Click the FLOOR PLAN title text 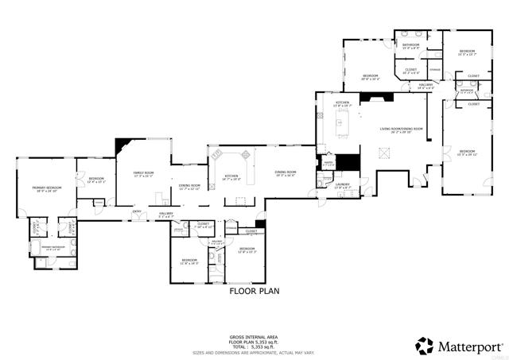pyautogui.click(x=254, y=291)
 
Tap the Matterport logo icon pyautogui.click(x=425, y=345)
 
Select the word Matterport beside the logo pyautogui.click(x=468, y=346)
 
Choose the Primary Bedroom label pyautogui.click(x=47, y=189)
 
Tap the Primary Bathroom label pyautogui.click(x=52, y=250)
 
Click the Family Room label pyautogui.click(x=143, y=174)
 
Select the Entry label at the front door pyautogui.click(x=137, y=211)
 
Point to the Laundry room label pyautogui.click(x=343, y=185)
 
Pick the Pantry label pyautogui.click(x=327, y=164)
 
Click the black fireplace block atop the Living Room pyautogui.click(x=372, y=99)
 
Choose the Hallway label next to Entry pyautogui.click(x=165, y=215)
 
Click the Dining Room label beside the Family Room pyautogui.click(x=189, y=188)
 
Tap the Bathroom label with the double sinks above pyautogui.click(x=410, y=46)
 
